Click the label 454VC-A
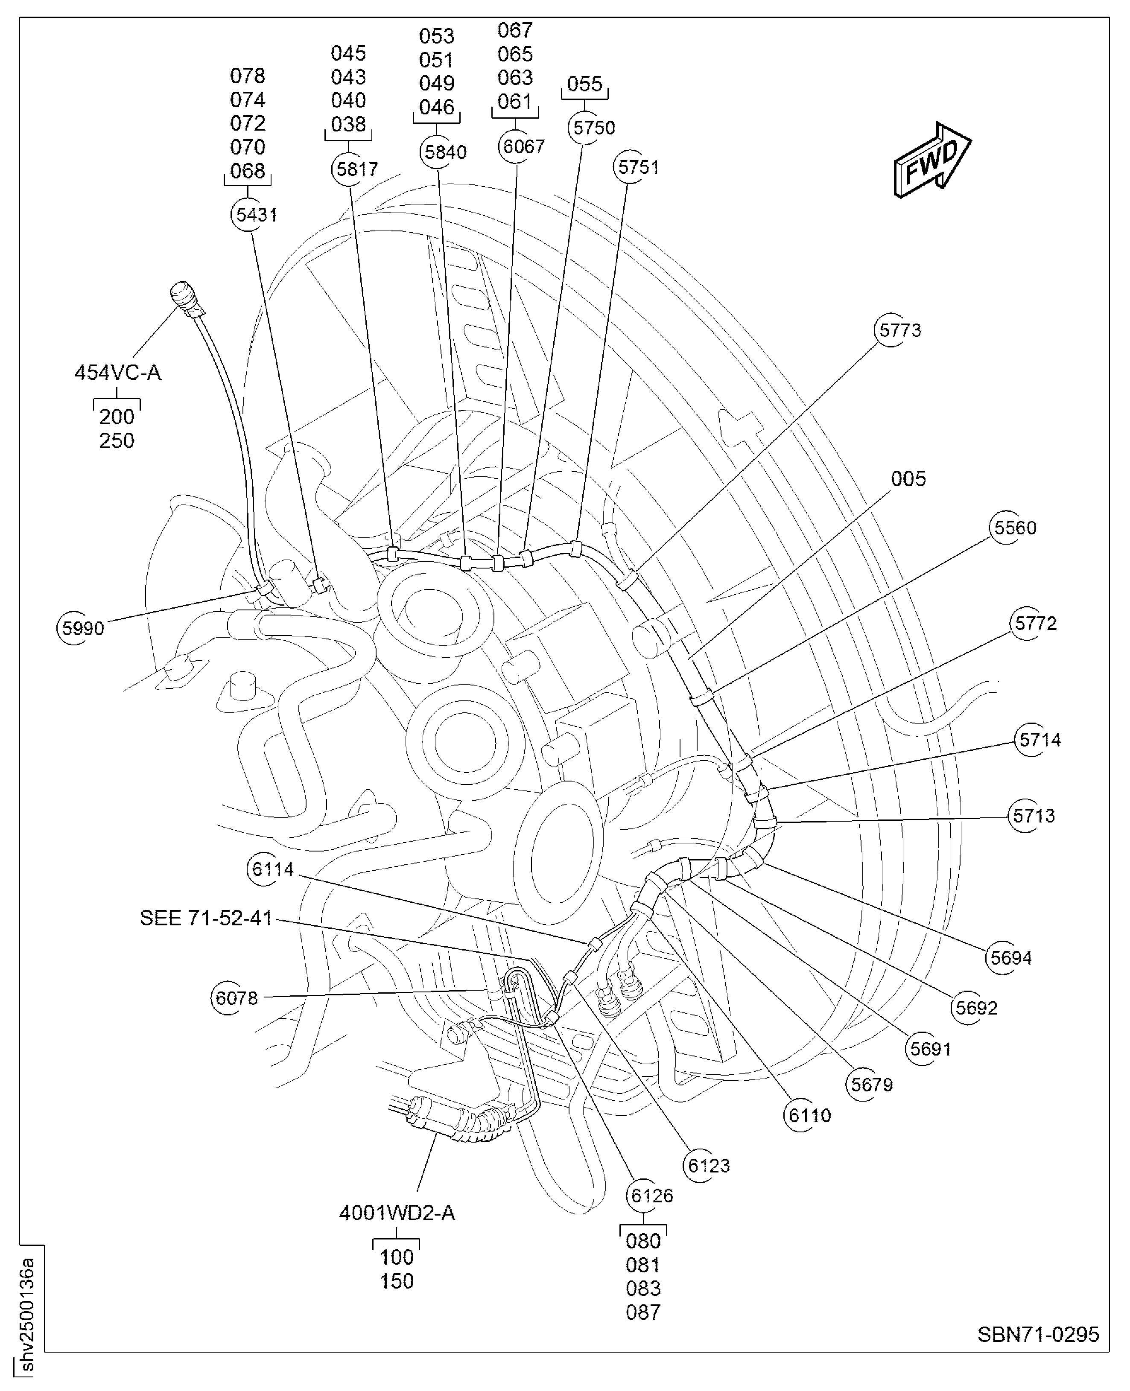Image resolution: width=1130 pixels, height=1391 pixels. click(118, 373)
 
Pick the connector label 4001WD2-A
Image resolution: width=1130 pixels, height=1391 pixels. click(397, 1213)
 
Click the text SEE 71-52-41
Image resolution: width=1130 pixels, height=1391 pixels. click(206, 919)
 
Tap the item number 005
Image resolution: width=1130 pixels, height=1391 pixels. click(908, 479)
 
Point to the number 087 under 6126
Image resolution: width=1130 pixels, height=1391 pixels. click(643, 1312)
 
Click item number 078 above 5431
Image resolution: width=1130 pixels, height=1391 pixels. click(248, 76)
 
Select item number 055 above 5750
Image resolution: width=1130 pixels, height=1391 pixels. click(584, 84)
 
